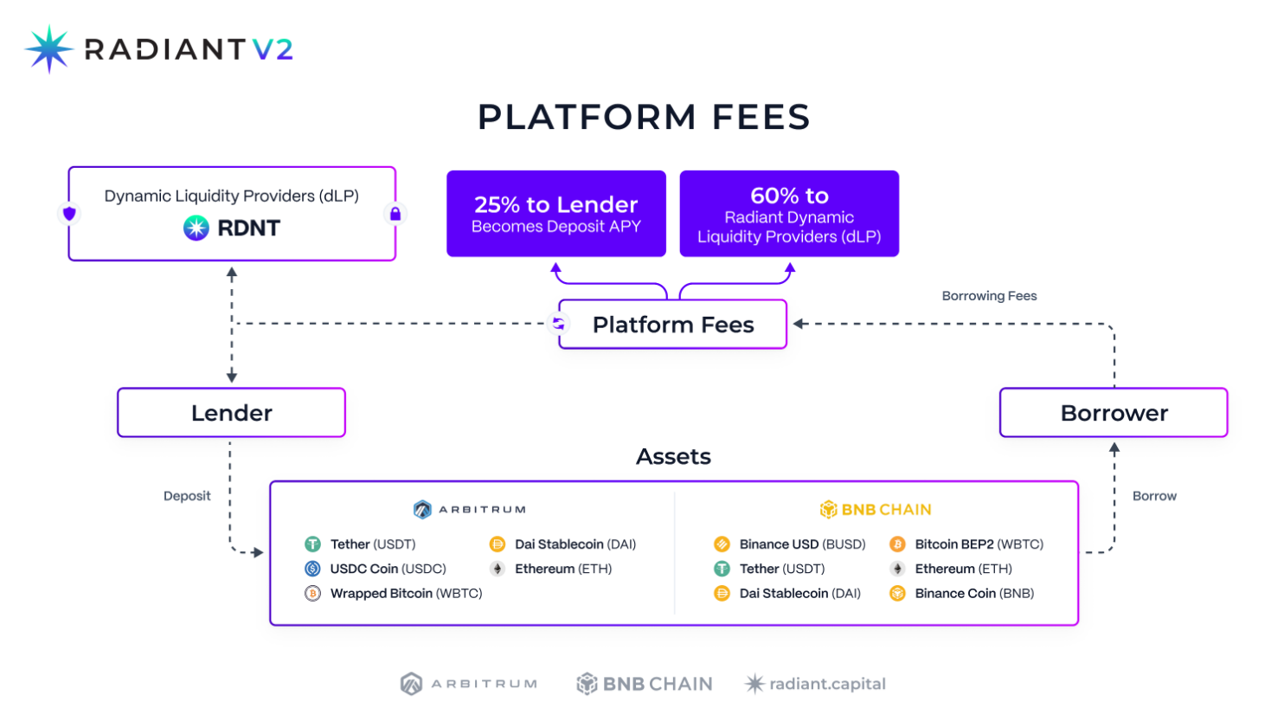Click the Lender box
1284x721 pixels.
tap(231, 413)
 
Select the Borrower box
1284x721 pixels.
tap(1114, 413)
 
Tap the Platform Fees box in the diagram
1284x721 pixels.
tap(672, 325)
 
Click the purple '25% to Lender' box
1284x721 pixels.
tap(555, 214)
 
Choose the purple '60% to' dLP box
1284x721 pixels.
tap(789, 214)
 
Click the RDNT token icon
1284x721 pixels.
tap(196, 228)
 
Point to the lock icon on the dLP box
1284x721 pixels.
tap(395, 214)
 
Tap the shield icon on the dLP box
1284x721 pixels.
tap(69, 213)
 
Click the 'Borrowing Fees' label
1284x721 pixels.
tap(989, 296)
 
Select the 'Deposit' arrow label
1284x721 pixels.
tap(187, 496)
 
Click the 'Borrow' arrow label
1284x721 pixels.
tap(1154, 496)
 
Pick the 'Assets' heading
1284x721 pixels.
tap(673, 457)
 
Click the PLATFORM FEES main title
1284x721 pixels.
tap(644, 117)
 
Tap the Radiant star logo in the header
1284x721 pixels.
tap(49, 48)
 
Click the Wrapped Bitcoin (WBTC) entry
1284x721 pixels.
tap(406, 594)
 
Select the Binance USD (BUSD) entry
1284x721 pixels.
tap(801, 544)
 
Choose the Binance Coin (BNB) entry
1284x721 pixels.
tap(973, 594)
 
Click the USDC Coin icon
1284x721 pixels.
tap(312, 569)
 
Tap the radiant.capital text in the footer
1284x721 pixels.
tap(827, 684)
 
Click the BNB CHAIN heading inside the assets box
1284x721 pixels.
tap(876, 510)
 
